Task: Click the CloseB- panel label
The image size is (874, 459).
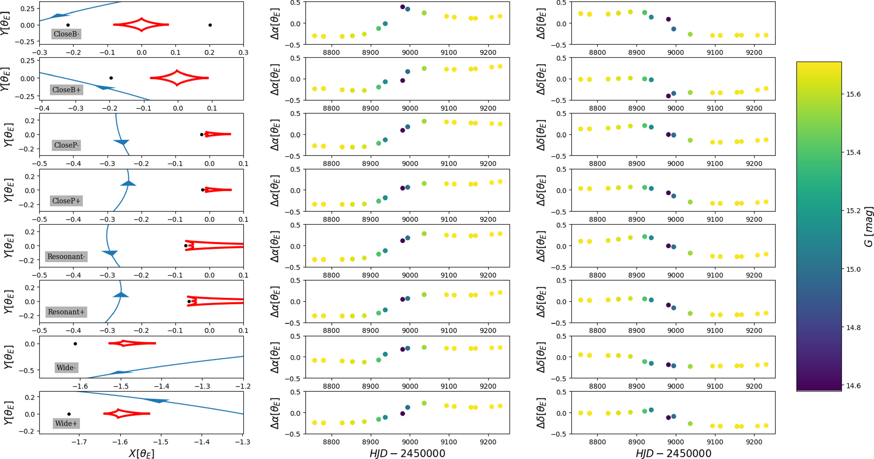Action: pos(66,34)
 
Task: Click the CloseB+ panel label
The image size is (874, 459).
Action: pos(66,89)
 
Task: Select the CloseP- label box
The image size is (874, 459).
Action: pos(66,145)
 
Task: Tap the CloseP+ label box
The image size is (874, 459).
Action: pos(66,201)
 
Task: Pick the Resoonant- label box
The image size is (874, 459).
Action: pos(66,256)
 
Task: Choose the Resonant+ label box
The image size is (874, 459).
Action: pos(66,312)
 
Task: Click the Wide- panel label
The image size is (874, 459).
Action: pos(66,368)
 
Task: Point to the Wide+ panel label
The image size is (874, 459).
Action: pos(66,423)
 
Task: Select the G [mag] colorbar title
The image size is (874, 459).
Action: pos(868,226)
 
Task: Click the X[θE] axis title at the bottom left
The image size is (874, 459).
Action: pos(141,453)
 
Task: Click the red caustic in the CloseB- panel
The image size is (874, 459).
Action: pos(141,25)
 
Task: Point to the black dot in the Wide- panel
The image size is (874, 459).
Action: pos(75,344)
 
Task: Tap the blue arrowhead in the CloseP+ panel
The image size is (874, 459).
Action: pos(128,184)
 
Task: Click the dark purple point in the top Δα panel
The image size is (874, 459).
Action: pos(402,7)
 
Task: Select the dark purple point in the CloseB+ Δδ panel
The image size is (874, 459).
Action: pos(669,96)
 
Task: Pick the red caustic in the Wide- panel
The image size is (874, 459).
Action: pos(132,343)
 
